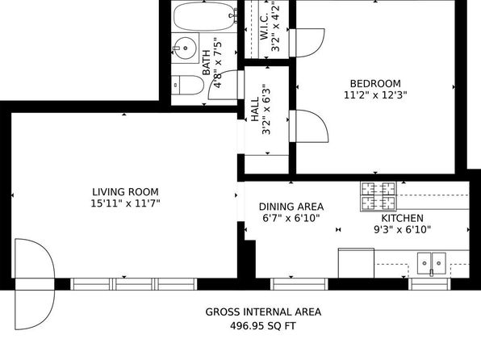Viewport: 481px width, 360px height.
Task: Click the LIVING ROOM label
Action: pos(125,192)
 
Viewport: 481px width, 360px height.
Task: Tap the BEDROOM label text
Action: pos(375,83)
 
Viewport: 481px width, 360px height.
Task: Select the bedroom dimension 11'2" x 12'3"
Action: pos(375,94)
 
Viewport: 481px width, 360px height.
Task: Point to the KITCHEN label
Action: pos(402,218)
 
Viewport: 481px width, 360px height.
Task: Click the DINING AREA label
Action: pos(291,207)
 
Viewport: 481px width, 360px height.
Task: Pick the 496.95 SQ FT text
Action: pos(263,325)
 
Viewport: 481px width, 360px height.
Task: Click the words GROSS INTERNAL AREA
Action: pos(263,312)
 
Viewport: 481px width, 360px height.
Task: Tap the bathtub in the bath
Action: pos(205,16)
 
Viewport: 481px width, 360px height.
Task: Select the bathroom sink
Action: pos(185,48)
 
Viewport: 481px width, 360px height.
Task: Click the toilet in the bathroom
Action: pos(187,85)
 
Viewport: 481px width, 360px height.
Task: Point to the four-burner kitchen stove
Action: pos(379,196)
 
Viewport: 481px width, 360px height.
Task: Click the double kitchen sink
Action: pos(432,263)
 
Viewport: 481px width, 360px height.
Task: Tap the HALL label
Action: pos(255,109)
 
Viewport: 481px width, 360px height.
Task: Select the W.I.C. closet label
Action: pos(264,27)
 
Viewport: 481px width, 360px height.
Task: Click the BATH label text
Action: pos(207,63)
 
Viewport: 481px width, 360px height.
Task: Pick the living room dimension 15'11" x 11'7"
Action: pos(125,203)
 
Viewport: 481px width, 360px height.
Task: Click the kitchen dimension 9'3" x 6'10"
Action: pos(402,229)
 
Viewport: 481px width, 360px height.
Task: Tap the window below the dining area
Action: pos(299,284)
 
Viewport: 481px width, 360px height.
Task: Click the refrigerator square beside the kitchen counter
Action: pos(356,263)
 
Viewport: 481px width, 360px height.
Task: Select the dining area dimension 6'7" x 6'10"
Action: pos(291,218)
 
